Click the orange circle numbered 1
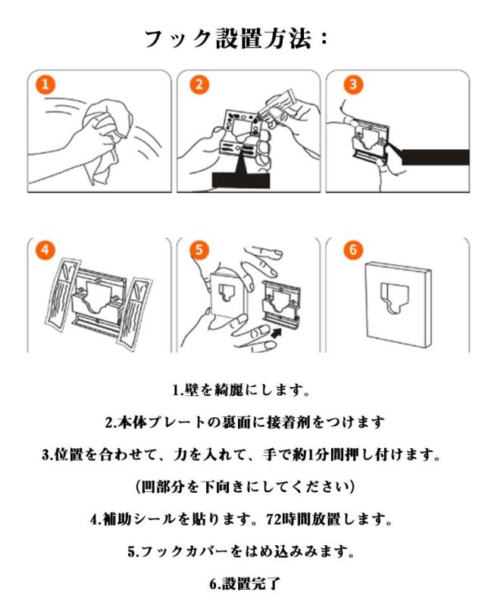tap(45, 85)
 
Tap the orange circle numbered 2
tap(199, 85)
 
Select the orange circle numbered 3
tap(353, 85)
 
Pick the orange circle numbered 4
tap(45, 249)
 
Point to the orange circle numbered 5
tap(199, 249)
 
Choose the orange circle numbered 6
tap(353, 249)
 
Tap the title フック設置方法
tap(236, 39)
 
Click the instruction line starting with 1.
tap(241, 390)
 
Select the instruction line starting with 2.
tap(245, 422)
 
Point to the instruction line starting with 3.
tap(241, 454)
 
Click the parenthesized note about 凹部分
tap(246, 487)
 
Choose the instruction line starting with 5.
tap(241, 551)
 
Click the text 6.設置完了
tap(245, 584)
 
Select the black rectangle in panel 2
tap(241, 180)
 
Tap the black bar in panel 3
tap(435, 157)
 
